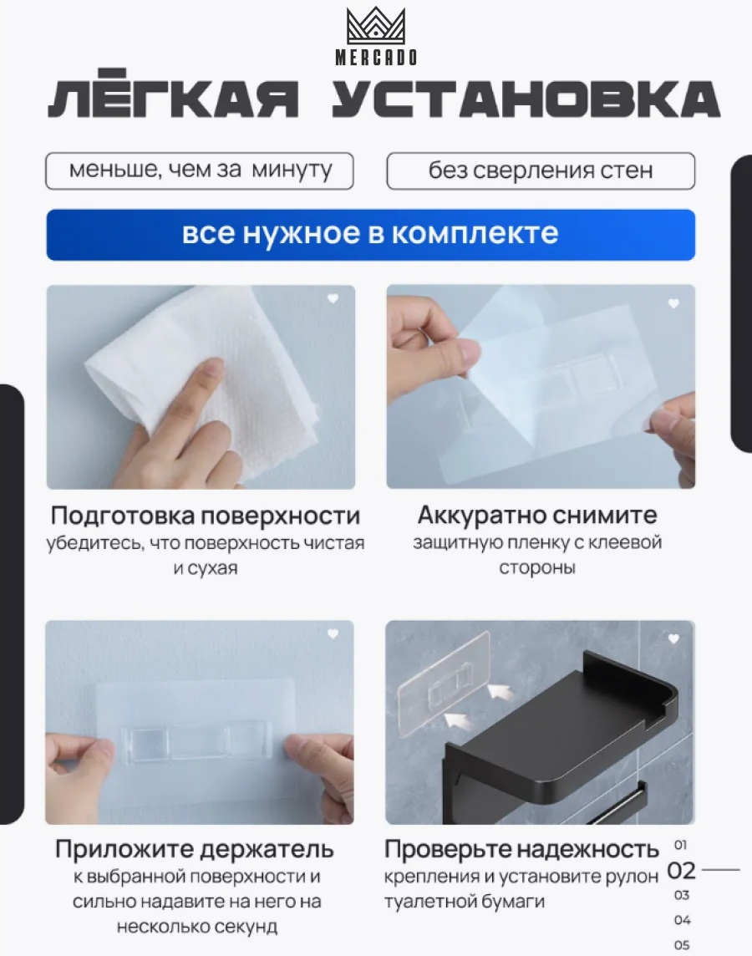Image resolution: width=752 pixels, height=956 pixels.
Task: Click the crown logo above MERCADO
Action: [376, 26]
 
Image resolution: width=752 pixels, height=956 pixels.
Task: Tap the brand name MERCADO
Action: [376, 58]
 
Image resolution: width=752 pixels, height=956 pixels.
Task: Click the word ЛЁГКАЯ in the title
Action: [173, 99]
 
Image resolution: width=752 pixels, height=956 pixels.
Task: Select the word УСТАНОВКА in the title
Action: [526, 99]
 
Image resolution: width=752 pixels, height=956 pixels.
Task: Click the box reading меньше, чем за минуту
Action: [199, 170]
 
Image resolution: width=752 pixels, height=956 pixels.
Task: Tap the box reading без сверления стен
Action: [541, 170]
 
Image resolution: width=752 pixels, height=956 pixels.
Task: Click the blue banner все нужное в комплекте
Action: [370, 235]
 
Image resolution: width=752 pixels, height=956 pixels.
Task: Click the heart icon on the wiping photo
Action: [333, 298]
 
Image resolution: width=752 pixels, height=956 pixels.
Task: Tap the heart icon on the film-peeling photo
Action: [673, 303]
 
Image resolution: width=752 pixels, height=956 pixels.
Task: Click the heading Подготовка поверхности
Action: [206, 516]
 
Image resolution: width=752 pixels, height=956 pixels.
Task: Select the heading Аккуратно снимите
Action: [537, 516]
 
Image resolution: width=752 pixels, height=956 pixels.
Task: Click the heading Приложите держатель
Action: [195, 849]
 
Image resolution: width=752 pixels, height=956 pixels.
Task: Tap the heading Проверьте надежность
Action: [521, 849]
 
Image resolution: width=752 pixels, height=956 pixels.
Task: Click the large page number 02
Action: [681, 870]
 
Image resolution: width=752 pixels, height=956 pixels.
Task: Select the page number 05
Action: [682, 944]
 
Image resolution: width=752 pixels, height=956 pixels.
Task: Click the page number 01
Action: [681, 845]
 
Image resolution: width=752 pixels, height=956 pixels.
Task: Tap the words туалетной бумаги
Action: [465, 901]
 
